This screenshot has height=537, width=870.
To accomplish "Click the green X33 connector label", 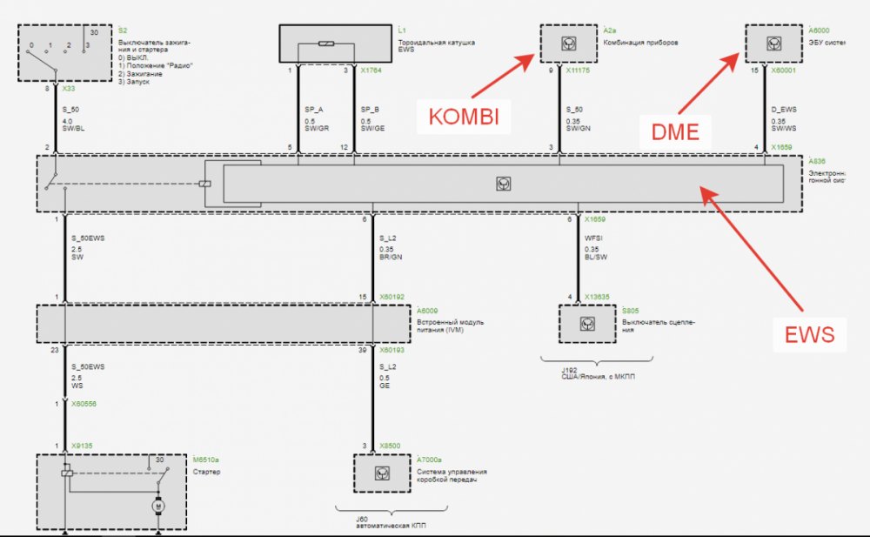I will point(69,88).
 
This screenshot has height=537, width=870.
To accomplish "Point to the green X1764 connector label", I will point(371,70).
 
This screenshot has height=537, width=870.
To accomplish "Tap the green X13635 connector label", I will point(597,298).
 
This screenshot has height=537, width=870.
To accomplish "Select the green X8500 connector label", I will point(390,446).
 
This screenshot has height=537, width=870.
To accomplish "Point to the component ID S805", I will point(631,309).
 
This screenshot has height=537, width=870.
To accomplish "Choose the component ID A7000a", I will point(429,459).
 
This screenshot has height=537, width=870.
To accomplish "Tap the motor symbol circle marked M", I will point(158,505).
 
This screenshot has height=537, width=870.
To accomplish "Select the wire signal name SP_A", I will point(314,110).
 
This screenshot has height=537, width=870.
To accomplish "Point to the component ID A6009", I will point(426,309).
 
